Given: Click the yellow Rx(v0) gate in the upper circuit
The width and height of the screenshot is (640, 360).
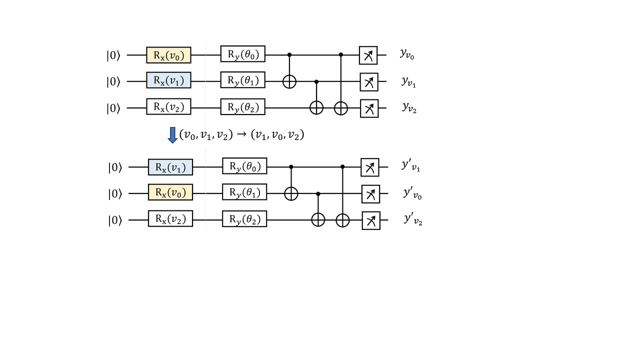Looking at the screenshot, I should click(x=168, y=55).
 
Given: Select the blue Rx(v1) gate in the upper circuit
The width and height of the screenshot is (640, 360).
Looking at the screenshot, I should click(x=168, y=80).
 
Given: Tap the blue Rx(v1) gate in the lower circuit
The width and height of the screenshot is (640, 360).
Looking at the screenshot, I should click(x=170, y=167).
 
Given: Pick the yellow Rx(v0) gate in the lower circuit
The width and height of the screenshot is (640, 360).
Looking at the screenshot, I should click(x=170, y=192).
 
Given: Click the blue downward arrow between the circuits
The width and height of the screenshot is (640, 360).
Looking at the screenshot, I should click(x=172, y=135).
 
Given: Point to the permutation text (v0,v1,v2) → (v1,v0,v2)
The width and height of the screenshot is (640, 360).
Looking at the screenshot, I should click(x=241, y=135).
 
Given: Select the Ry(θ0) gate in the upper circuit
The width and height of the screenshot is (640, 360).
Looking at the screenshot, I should click(x=242, y=54).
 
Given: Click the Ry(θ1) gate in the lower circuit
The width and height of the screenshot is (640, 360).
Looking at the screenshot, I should click(x=244, y=192).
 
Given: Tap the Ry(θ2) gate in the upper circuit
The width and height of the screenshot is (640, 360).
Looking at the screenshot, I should click(x=242, y=107).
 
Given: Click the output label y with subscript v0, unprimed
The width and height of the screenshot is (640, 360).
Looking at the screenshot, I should click(x=407, y=54).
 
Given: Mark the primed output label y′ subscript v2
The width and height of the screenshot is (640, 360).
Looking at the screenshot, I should click(x=412, y=219).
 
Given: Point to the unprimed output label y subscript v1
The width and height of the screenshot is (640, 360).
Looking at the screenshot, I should click(x=408, y=81).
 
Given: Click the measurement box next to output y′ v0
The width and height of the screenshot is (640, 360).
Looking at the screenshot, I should click(x=370, y=193).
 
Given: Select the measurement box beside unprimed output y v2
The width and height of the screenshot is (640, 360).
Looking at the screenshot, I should click(x=369, y=108).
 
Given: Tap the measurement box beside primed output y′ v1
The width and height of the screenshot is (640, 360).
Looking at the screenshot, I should click(x=370, y=167).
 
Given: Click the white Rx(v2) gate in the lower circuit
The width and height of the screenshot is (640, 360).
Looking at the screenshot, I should click(x=170, y=219).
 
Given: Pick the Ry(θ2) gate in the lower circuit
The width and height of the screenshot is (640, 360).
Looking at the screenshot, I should click(x=244, y=219).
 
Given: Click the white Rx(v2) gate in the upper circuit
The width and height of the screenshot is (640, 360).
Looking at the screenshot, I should click(x=168, y=107).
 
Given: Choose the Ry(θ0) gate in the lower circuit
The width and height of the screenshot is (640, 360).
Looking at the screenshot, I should click(x=244, y=166).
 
